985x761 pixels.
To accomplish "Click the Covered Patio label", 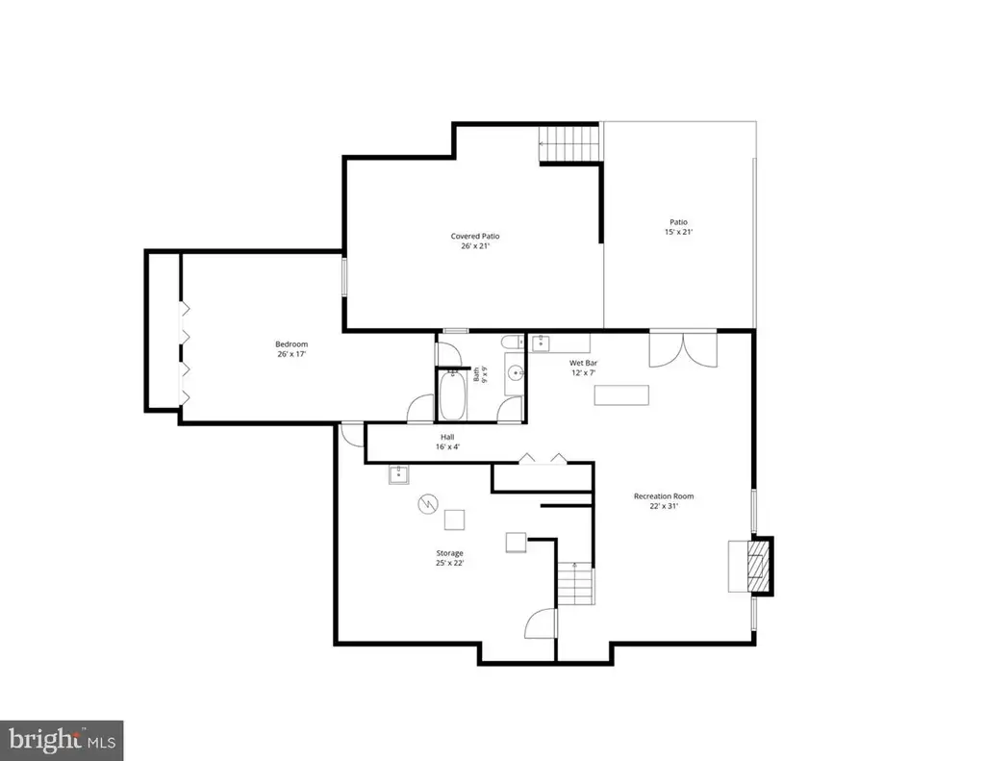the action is (475, 241).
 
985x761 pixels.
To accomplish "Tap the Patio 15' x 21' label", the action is (678, 227).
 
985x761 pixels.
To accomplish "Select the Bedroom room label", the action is (291, 349).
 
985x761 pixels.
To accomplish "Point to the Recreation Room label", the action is (664, 501).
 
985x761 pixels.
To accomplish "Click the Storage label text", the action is (450, 558).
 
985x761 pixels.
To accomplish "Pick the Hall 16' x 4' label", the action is (447, 442).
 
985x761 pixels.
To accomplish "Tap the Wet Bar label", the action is (583, 368).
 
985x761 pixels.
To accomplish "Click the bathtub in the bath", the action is (452, 396).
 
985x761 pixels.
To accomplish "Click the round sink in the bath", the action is (516, 373).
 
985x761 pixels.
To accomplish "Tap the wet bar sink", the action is (541, 343).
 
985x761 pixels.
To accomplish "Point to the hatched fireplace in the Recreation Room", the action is (757, 565).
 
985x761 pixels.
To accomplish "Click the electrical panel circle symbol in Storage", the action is (428, 504).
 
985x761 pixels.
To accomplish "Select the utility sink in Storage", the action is (398, 475).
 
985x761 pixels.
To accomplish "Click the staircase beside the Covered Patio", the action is (568, 144).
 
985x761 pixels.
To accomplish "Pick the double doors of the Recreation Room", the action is (684, 349).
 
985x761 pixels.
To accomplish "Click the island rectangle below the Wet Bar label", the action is (621, 394).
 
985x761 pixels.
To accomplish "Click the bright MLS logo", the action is (62, 741).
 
